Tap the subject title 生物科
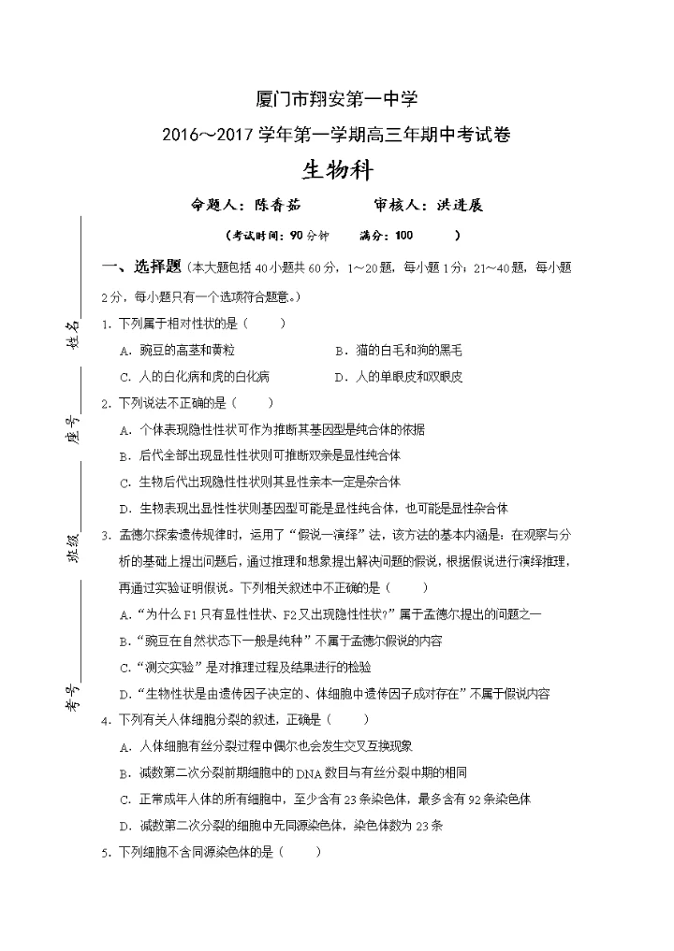coord(337,169)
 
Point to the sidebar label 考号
coord(71,697)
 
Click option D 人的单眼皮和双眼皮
coord(398,377)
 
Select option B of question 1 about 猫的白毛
coord(398,351)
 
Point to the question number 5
coord(106,852)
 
